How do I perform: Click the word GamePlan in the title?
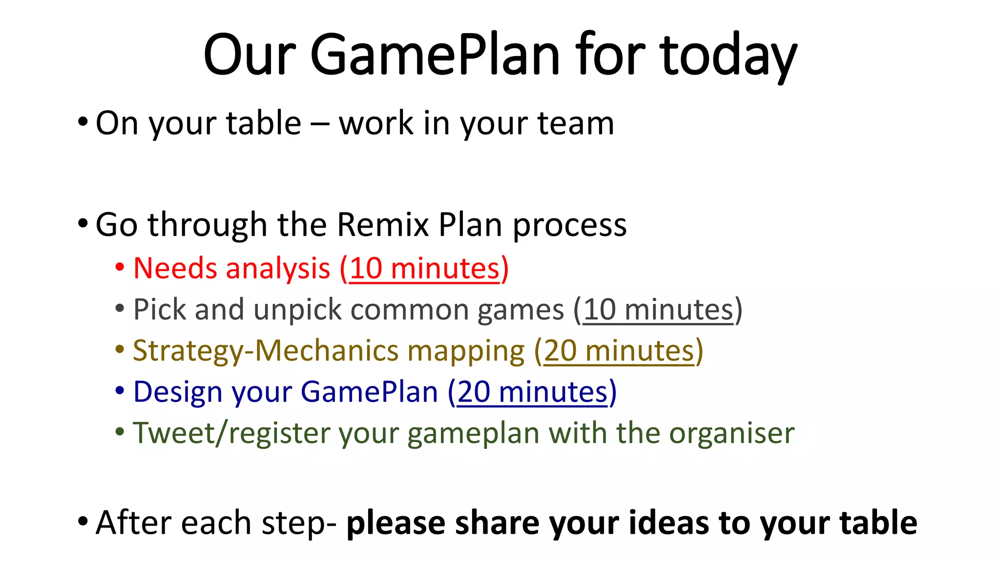click(435, 55)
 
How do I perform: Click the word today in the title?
click(729, 55)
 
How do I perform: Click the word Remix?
click(382, 225)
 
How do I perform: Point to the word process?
click(569, 226)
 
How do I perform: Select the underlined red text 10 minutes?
click(425, 269)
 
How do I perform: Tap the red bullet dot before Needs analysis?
click(120, 268)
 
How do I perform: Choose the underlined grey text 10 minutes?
click(658, 310)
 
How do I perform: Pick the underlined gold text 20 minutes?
click(619, 351)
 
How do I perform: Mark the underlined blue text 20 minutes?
click(532, 392)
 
